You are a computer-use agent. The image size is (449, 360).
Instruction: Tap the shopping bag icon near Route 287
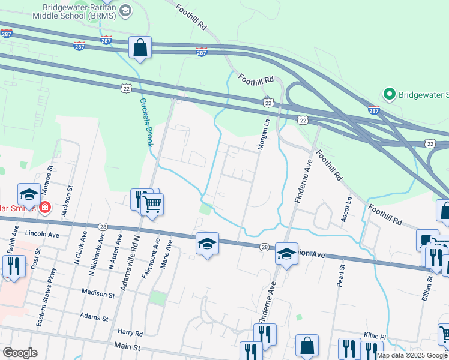click(140, 48)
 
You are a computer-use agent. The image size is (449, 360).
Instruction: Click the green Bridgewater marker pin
click(389, 95)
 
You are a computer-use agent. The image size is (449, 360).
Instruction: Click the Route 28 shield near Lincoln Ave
click(103, 226)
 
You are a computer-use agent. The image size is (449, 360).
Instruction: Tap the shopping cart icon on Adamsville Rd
click(152, 205)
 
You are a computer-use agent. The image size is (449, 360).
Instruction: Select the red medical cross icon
click(45, 209)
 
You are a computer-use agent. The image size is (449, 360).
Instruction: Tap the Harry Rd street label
click(130, 332)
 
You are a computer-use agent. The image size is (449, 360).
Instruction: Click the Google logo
click(19, 353)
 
